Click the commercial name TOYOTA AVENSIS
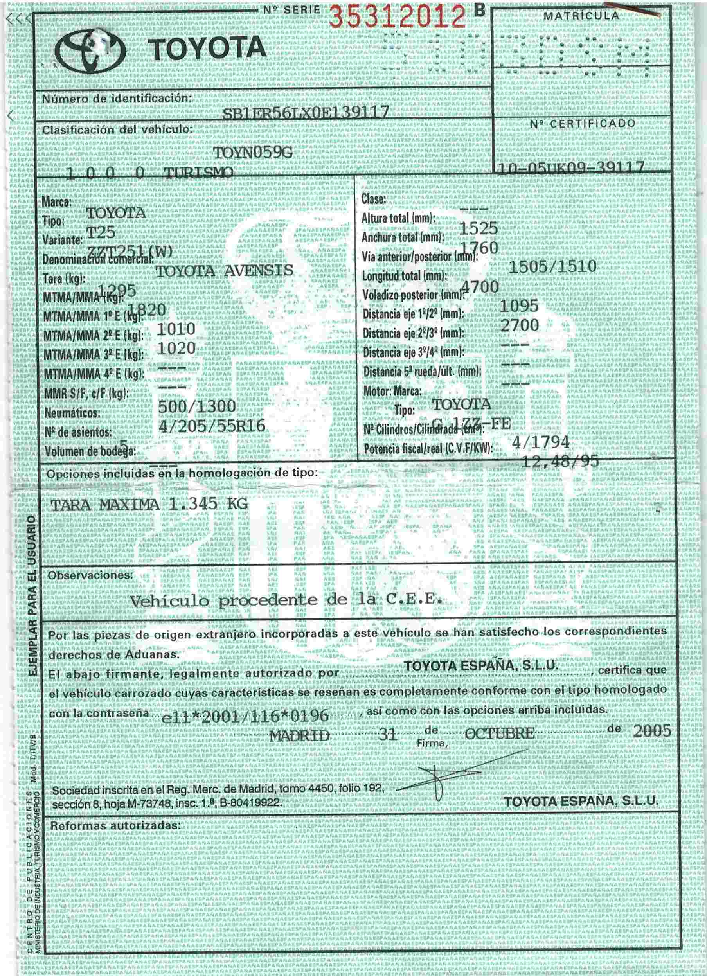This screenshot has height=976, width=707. [224, 271]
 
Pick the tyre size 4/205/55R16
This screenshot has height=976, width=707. [211, 426]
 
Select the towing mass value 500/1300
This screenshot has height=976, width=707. [197, 406]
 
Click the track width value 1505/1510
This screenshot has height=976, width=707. [552, 267]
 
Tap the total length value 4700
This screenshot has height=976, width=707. [479, 287]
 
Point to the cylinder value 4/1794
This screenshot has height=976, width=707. [540, 442]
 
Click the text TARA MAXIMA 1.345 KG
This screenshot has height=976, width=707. [149, 504]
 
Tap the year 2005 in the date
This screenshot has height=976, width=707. [652, 731]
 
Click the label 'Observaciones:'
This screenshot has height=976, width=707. [91, 575]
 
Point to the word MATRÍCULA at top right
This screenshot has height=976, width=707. [581, 16]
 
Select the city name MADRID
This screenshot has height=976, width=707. [299, 735]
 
